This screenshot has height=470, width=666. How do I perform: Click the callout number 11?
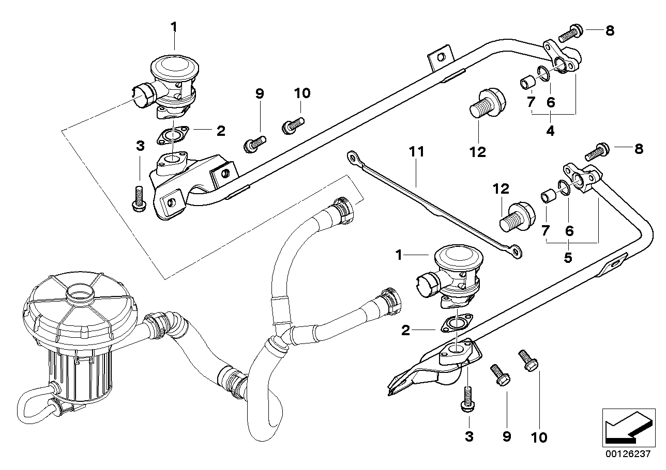click(x=416, y=152)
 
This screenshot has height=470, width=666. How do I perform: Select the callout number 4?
click(x=550, y=131)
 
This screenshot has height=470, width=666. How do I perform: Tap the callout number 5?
click(x=568, y=258)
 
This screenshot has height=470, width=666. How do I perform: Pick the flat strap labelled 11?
click(x=434, y=207)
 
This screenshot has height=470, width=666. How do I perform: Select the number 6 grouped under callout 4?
click(x=551, y=103)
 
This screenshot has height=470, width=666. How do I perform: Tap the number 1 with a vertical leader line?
click(x=174, y=26)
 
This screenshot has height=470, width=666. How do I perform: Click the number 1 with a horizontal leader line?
click(x=399, y=255)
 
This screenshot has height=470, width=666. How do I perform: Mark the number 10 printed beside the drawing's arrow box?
click(x=539, y=437)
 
